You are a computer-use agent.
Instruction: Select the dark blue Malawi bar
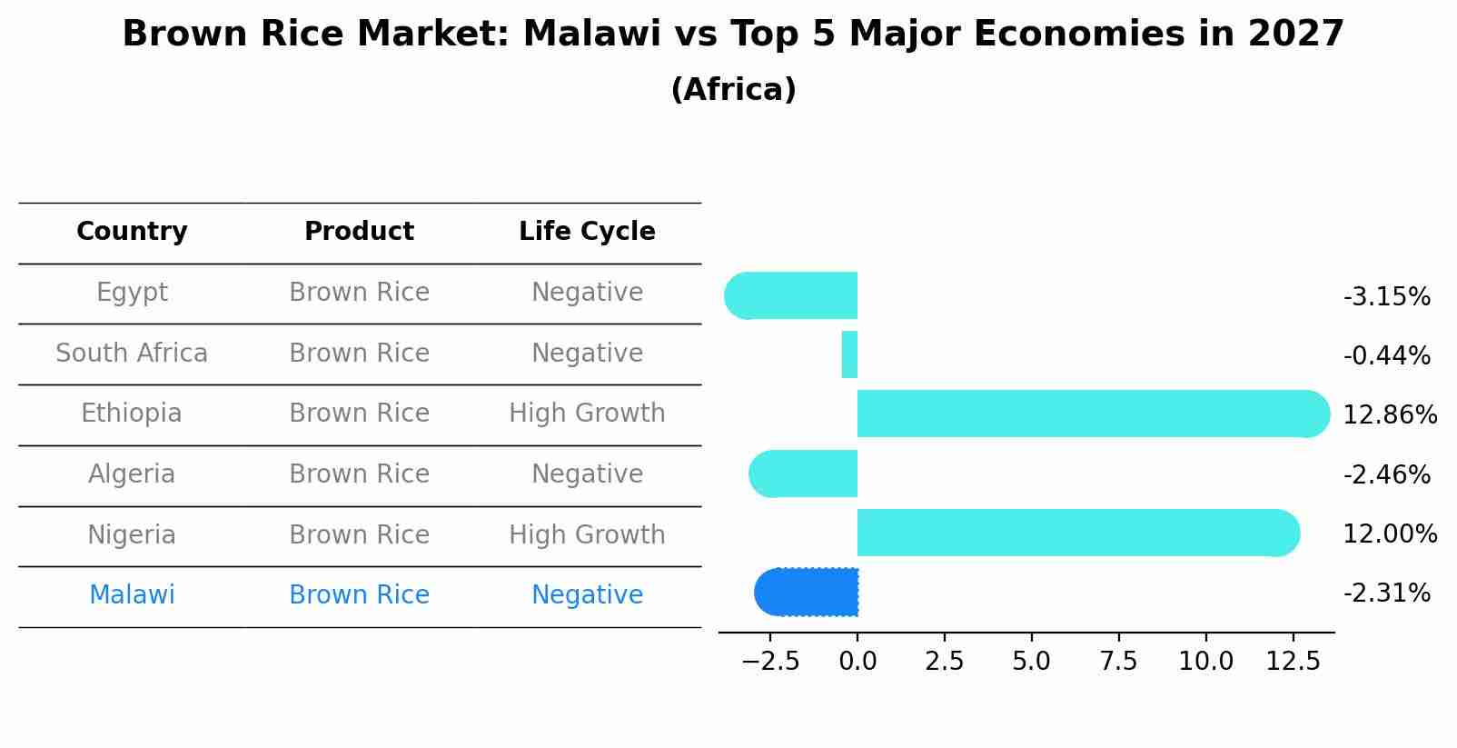808,593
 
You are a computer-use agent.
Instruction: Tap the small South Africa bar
849,354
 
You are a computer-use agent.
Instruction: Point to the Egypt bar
792,295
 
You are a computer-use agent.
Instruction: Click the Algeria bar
804,474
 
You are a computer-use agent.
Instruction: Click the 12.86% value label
1389,415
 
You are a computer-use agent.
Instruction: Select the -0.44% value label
1386,355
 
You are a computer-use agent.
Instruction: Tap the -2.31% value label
1386,593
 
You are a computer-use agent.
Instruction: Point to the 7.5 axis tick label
1118,662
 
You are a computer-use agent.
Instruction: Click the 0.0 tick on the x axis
857,662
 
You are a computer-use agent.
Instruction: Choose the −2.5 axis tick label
770,662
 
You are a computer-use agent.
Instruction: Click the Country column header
132,232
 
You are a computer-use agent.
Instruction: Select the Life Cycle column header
587,232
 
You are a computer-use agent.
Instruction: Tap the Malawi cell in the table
132,595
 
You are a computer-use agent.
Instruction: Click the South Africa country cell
132,354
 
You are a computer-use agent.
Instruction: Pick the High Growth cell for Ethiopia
587,414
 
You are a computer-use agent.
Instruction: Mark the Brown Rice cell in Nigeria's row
359,534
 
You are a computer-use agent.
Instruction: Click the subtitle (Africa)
733,90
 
